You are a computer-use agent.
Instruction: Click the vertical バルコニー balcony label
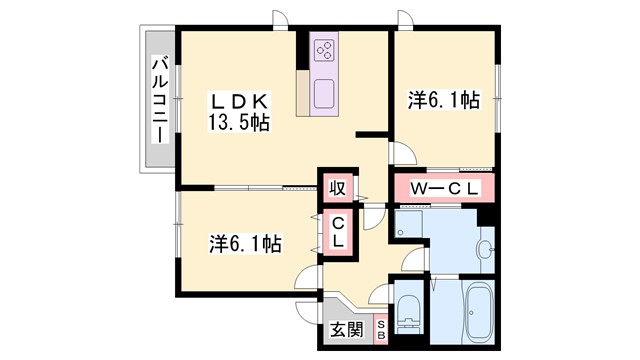point(158,100)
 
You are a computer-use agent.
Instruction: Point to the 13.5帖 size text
point(239,123)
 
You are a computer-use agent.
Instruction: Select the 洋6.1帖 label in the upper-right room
point(442,101)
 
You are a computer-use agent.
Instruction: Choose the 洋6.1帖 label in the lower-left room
point(244,243)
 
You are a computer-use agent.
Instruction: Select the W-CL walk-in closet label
point(440,188)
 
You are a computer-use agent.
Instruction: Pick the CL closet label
point(339,233)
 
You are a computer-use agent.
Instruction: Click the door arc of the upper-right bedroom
point(404,153)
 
